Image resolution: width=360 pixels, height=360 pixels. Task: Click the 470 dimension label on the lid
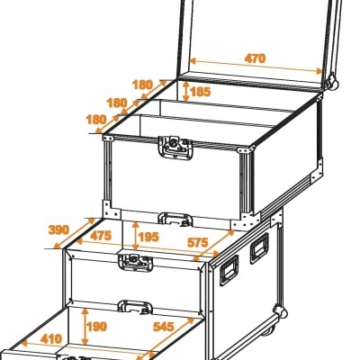point(255,58)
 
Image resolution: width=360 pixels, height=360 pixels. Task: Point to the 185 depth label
point(201,92)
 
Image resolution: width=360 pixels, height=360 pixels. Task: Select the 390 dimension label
point(58,230)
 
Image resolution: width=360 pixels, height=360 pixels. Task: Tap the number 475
point(101,236)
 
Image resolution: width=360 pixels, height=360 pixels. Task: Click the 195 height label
point(148,237)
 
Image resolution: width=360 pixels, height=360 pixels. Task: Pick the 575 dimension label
point(198,242)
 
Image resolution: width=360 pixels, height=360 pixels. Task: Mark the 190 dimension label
point(96,327)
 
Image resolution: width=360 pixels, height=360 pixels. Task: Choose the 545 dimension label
point(164,327)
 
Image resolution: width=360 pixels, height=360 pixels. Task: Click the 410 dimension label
point(51,339)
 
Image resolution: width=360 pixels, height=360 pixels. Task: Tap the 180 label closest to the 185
point(142,85)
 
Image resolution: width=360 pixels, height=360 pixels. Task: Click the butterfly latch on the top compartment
point(175,147)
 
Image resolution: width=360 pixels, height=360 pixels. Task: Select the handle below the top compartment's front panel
point(175,219)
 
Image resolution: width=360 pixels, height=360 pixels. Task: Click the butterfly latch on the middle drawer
point(135,262)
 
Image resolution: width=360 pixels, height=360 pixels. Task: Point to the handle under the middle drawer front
point(135,307)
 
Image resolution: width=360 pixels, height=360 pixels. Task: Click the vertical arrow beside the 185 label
point(186,91)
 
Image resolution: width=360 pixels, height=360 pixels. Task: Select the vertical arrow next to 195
point(136,236)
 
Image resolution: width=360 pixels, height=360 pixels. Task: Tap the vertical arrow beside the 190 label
point(85,327)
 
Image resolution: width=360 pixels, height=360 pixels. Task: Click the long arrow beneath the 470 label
point(256,67)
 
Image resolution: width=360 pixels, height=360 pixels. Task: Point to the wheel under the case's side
point(268,330)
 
